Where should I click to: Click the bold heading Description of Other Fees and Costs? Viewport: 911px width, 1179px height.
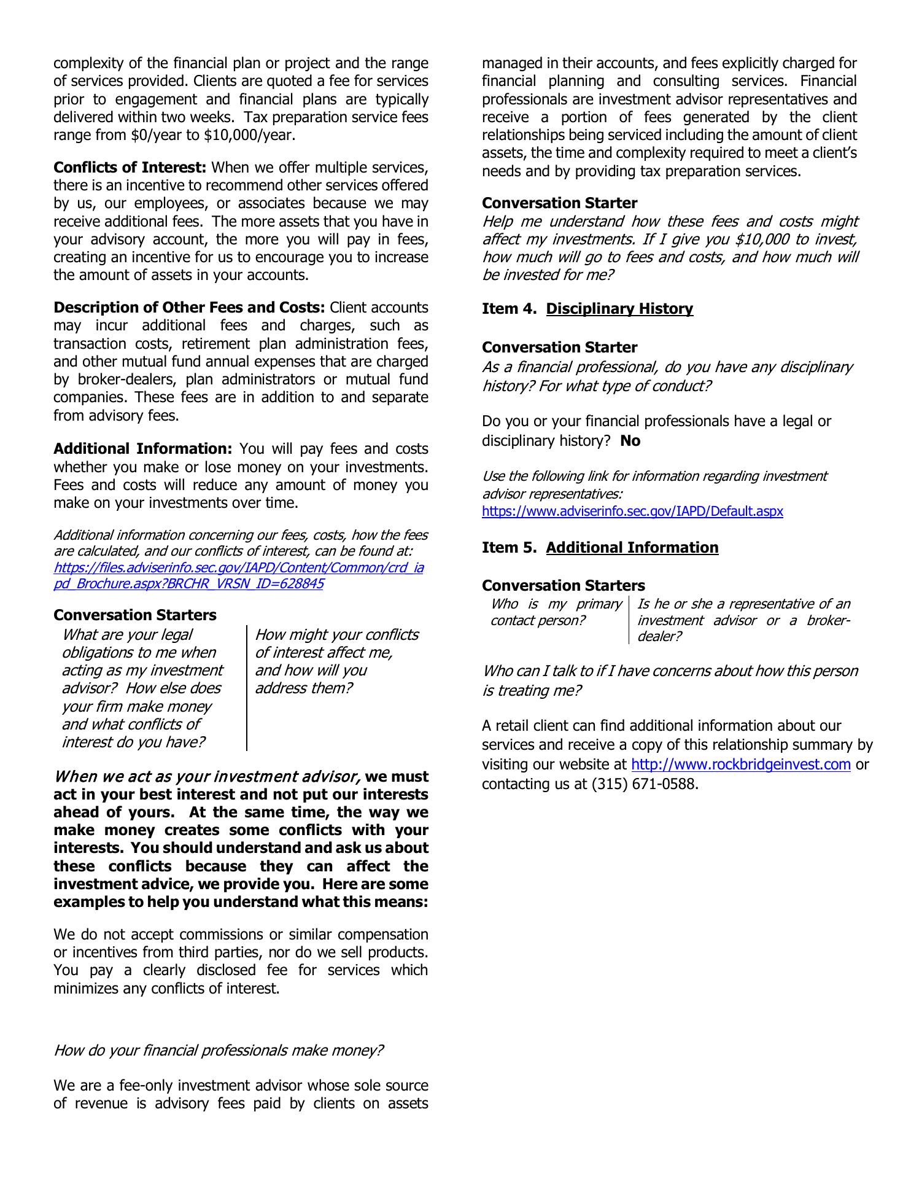click(x=189, y=308)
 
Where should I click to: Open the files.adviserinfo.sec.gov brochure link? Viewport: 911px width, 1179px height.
click(x=238, y=575)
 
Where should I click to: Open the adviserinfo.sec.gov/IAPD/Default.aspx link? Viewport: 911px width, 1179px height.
click(x=632, y=511)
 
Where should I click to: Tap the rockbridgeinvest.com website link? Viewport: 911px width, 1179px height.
click(x=740, y=765)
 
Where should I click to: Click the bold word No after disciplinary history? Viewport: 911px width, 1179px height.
click(x=630, y=441)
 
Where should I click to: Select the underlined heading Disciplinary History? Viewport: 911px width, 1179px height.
click(x=619, y=309)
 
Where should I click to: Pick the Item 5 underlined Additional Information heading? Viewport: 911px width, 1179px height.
click(x=632, y=548)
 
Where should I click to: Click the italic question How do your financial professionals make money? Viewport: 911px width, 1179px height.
click(x=219, y=1051)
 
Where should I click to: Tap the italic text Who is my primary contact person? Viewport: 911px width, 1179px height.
click(x=556, y=612)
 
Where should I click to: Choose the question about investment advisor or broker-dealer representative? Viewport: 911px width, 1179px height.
click(x=743, y=620)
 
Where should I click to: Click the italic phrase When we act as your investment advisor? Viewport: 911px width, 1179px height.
click(x=207, y=777)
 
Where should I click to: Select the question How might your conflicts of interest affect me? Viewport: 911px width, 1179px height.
click(x=336, y=661)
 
